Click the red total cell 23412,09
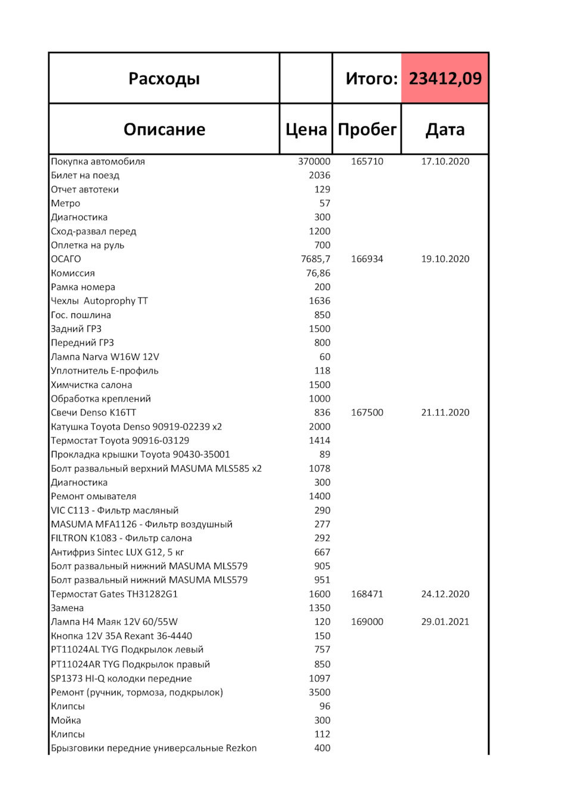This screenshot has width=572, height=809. (444, 79)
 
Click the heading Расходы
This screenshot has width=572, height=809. (164, 79)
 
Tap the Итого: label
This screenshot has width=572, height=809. (371, 79)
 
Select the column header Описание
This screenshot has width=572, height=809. (164, 129)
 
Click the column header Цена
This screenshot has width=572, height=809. (306, 129)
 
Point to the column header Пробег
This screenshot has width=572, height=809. (366, 129)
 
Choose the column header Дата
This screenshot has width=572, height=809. (444, 129)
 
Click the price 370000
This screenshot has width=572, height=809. (314, 161)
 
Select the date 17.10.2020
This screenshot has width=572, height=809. (444, 161)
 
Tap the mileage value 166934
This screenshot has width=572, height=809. (367, 259)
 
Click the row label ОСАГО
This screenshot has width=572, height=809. (66, 259)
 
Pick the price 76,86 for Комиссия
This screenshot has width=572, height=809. (318, 273)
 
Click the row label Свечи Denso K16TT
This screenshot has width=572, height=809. (94, 413)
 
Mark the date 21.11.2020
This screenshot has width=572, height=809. (444, 413)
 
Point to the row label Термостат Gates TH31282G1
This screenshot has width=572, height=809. (114, 594)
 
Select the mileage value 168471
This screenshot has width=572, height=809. (367, 594)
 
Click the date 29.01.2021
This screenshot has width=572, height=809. (444, 622)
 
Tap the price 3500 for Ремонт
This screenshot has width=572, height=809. (319, 692)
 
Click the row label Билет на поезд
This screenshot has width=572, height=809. (85, 175)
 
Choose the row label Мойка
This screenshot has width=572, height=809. (66, 720)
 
